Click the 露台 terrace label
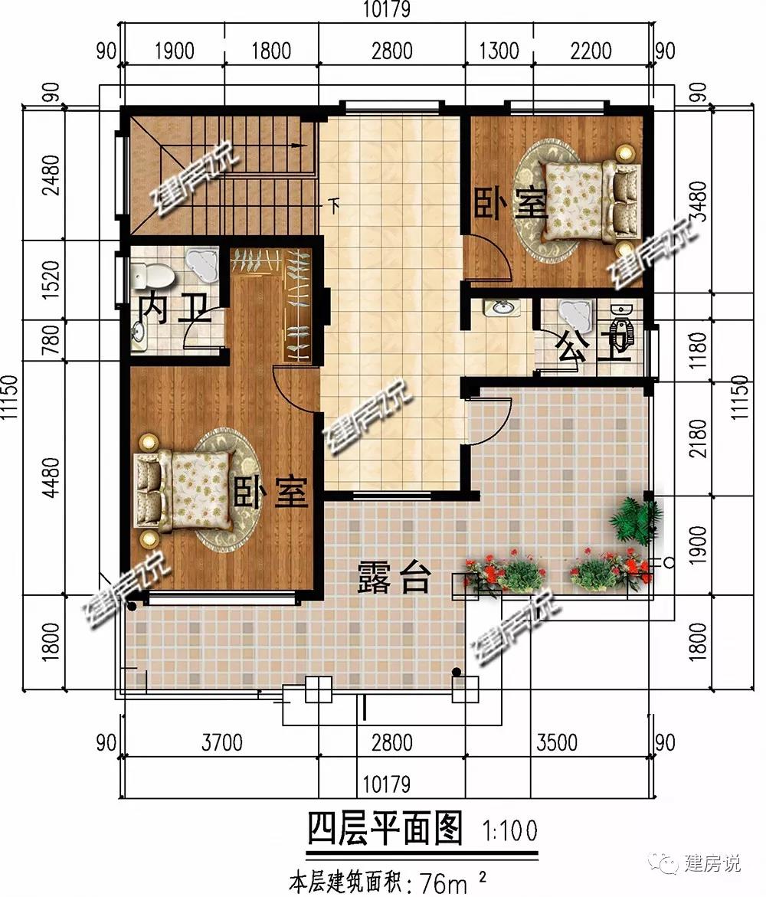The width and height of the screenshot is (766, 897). click(x=394, y=577)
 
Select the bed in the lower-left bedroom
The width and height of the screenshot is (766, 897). click(x=184, y=489)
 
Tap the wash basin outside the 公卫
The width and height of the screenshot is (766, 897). click(x=502, y=308)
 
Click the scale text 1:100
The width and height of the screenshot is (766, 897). click(x=510, y=830)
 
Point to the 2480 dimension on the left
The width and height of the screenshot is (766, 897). click(x=52, y=175)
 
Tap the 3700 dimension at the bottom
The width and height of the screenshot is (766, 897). click(x=222, y=742)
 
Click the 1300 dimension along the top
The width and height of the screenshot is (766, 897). click(x=499, y=51)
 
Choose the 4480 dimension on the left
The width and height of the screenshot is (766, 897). click(x=51, y=478)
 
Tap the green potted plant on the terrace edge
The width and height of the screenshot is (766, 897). click(x=636, y=518)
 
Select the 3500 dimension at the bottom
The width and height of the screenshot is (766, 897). click(x=557, y=742)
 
